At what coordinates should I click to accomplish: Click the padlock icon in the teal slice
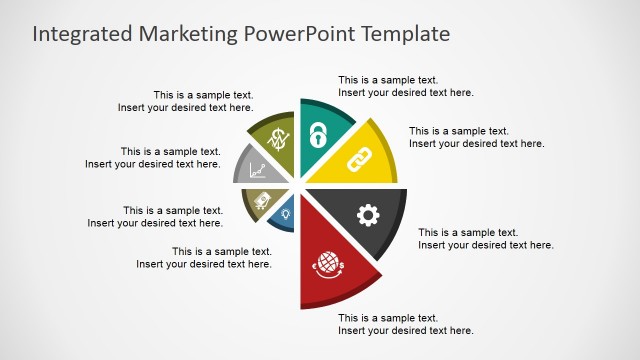[x=318, y=134]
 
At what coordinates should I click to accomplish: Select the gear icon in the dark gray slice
[x=368, y=214]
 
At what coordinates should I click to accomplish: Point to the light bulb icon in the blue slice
[x=286, y=213]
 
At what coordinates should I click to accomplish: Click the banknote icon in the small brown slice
[x=262, y=200]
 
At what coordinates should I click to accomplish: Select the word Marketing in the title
[x=189, y=34]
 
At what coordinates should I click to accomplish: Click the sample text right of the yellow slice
[x=476, y=137]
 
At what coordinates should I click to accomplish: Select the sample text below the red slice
[x=405, y=324]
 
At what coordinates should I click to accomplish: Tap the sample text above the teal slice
[x=405, y=86]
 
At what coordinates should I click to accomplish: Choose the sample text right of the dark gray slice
[x=485, y=238]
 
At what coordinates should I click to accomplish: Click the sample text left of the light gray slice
[x=152, y=158]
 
